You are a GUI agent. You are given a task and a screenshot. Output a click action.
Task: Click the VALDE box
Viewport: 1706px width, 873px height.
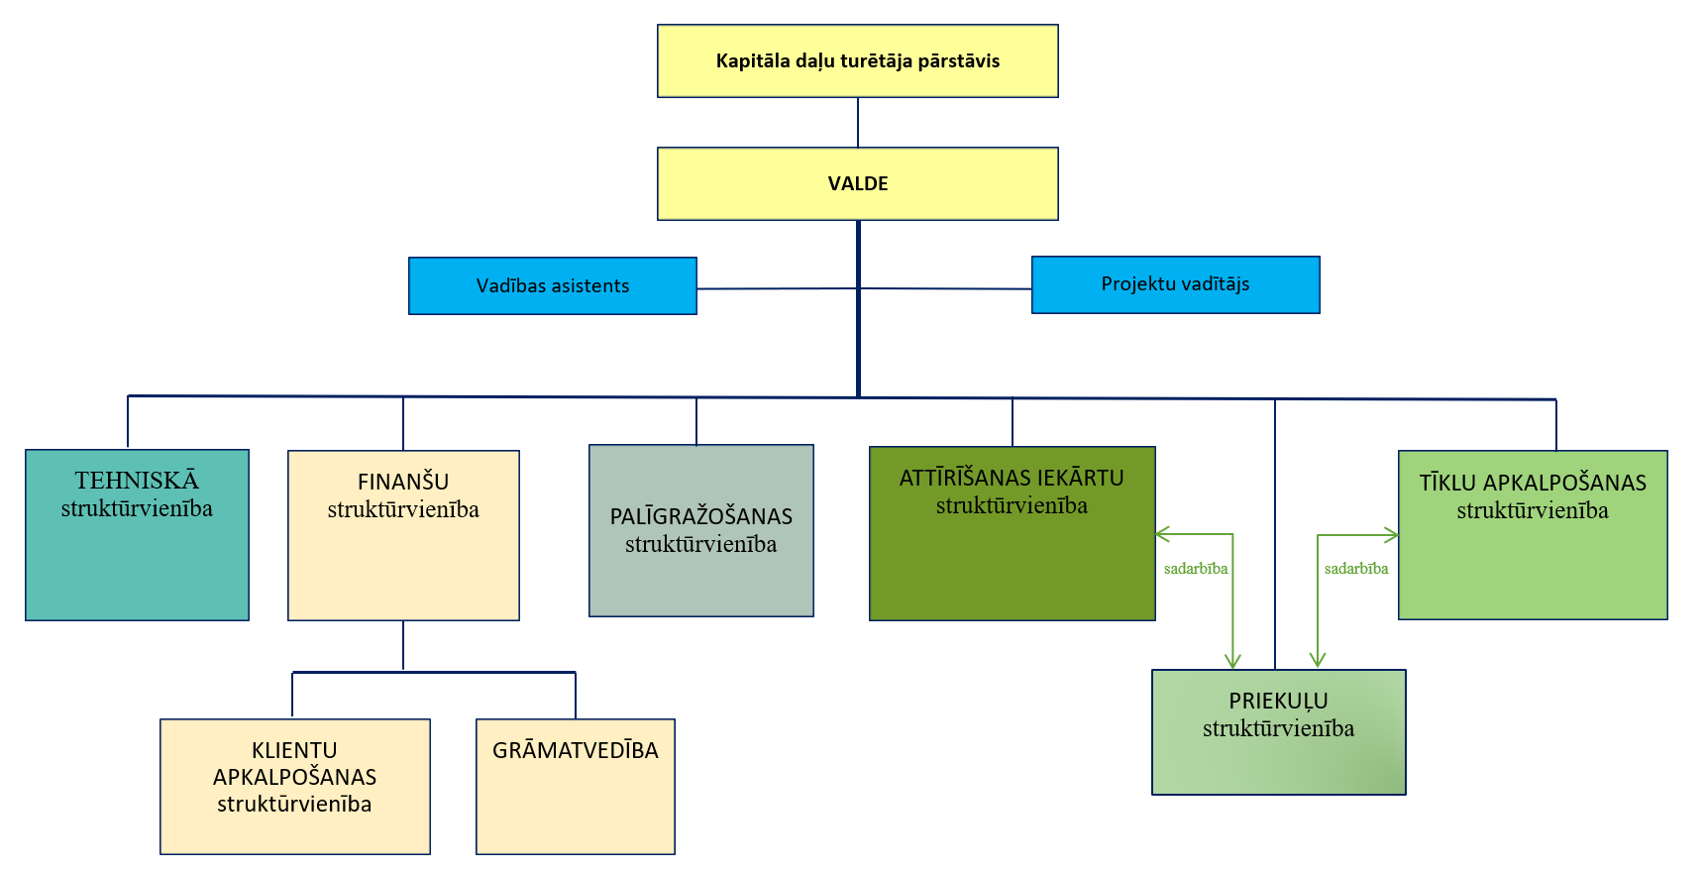858,184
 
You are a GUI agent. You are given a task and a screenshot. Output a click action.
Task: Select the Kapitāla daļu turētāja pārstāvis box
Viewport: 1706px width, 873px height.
858,61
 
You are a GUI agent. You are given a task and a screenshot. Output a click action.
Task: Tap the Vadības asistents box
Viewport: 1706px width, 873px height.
553,286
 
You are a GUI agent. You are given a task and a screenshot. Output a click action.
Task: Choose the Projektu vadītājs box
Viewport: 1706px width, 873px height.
1176,285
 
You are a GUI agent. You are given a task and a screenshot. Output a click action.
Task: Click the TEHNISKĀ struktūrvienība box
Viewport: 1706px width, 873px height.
137,535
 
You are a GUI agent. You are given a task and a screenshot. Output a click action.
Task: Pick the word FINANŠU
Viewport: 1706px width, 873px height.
403,483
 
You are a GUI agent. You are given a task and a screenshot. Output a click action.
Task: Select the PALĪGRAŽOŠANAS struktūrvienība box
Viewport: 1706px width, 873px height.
701,531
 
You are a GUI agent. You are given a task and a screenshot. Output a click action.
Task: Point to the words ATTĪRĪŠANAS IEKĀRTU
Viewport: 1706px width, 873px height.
1012,479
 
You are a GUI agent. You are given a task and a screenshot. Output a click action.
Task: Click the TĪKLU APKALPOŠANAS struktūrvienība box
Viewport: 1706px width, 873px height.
1533,535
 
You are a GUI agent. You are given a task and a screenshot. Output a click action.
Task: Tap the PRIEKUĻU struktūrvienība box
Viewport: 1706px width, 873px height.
1279,732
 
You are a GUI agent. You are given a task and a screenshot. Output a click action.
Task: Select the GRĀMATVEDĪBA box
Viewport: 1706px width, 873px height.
576,787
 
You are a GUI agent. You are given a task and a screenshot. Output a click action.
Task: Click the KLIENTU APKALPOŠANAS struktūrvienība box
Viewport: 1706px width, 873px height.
295,787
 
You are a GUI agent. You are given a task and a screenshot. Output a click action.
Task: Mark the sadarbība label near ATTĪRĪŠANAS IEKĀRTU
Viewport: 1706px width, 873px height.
1196,569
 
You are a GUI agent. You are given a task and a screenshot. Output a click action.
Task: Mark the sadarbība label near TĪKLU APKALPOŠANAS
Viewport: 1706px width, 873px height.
1356,569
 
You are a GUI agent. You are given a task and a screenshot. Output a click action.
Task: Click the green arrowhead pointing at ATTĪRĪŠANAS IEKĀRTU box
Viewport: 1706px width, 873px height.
1162,535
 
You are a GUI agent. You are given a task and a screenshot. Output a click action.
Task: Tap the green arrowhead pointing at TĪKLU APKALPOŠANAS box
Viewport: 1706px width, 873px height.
1392,536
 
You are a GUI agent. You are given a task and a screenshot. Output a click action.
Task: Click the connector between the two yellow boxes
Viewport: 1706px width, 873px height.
858,123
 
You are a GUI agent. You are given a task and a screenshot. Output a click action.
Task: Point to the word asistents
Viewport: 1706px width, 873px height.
590,286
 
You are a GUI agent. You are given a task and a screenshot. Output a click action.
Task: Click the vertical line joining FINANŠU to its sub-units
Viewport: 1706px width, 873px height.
403,646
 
